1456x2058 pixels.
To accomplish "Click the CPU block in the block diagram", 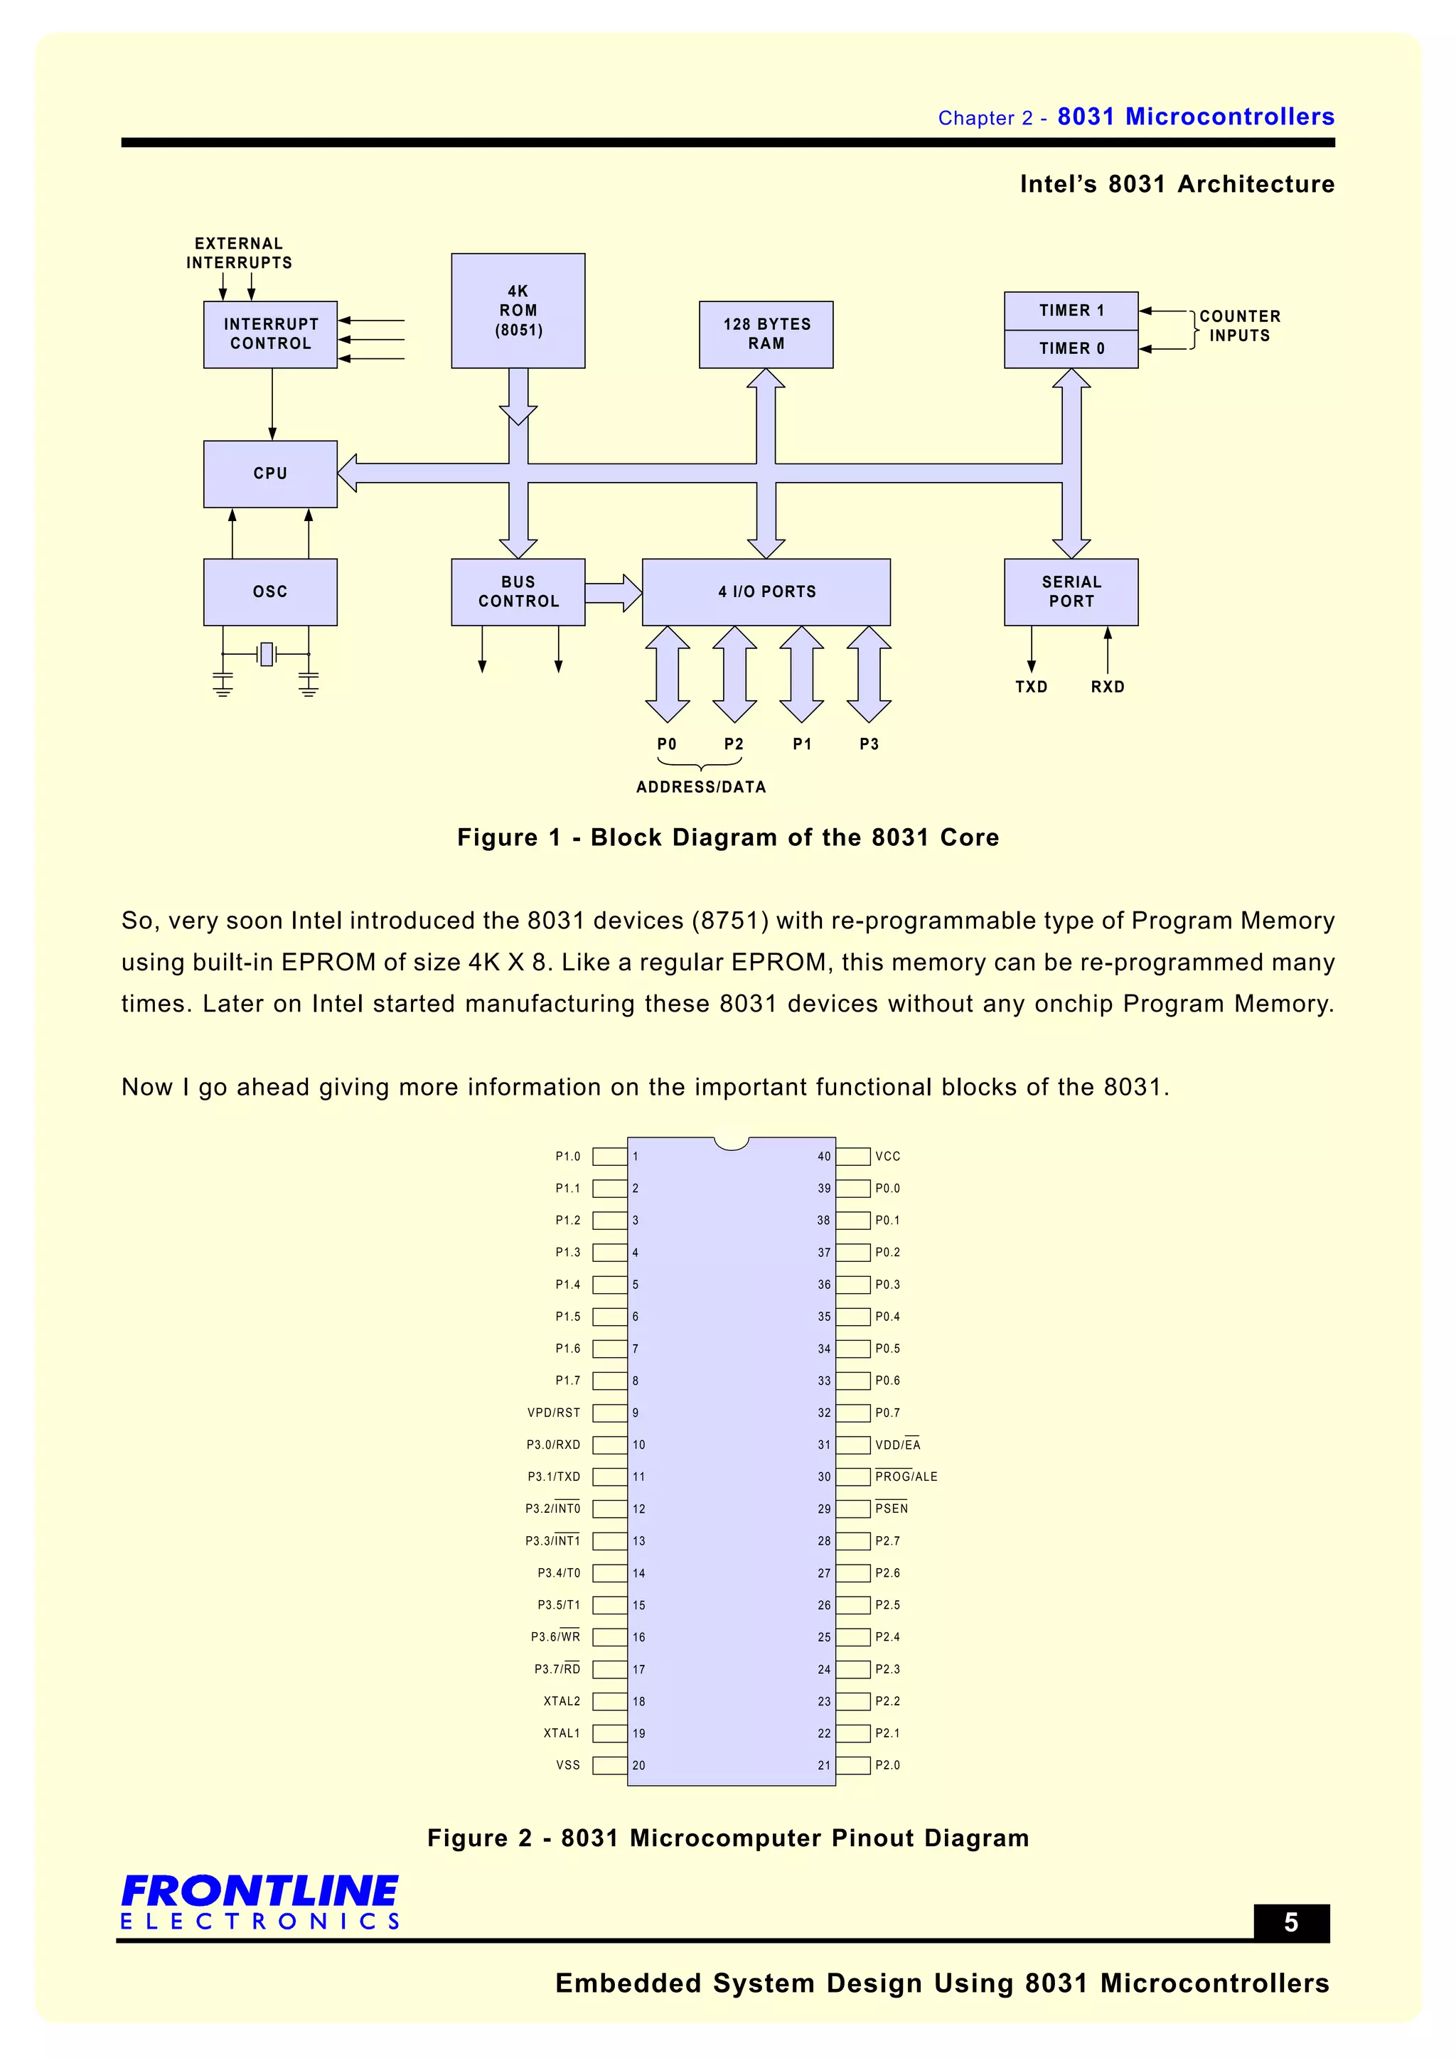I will (x=270, y=473).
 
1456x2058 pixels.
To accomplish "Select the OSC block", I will (x=270, y=591).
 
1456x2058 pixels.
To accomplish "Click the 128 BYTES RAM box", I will (x=766, y=333).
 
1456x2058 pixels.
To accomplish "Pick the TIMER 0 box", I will (x=1071, y=348).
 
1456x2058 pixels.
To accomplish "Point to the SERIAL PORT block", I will (x=1071, y=591).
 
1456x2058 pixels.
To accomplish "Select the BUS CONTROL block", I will (x=518, y=591).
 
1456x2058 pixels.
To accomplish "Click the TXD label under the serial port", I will (x=1031, y=687).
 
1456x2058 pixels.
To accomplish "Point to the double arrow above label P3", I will (x=868, y=674).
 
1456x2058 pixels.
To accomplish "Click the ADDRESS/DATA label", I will (x=701, y=787).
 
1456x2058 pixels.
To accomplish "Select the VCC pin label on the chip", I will (x=887, y=1157).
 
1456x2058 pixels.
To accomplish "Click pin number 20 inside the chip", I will (x=638, y=1765).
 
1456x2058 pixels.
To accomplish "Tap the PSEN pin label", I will (x=892, y=1508).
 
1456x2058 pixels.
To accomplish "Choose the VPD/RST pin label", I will (x=553, y=1413).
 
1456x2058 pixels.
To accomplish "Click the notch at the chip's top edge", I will (x=732, y=1143).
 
